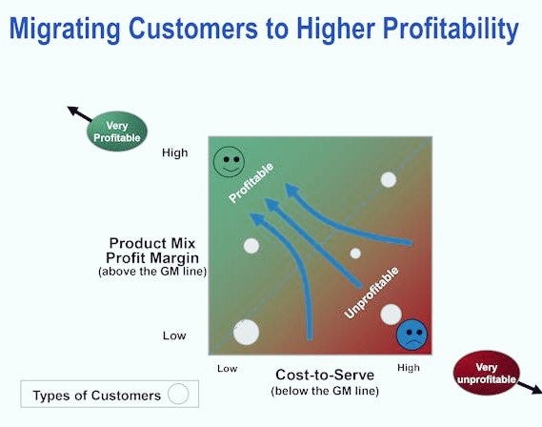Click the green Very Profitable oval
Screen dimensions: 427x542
pyautogui.click(x=117, y=132)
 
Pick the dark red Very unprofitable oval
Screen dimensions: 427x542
pyautogui.click(x=486, y=373)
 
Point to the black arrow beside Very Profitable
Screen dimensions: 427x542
pyautogui.click(x=77, y=113)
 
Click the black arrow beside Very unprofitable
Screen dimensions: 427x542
pyautogui.click(x=529, y=386)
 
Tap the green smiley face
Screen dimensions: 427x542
pyautogui.click(x=229, y=161)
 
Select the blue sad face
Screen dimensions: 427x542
pyautogui.click(x=412, y=334)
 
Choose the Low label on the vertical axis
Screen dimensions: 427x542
pyautogui.click(x=174, y=335)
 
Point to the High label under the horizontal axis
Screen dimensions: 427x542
pyautogui.click(x=408, y=368)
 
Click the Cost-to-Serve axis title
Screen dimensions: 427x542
pyautogui.click(x=325, y=375)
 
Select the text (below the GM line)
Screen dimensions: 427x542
pyautogui.click(x=325, y=391)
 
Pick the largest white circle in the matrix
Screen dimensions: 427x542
pyautogui.click(x=246, y=332)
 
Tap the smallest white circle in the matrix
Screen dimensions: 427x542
pyautogui.click(x=355, y=254)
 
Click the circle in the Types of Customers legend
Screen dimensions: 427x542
pyautogui.click(x=178, y=393)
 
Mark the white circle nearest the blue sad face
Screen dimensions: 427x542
pyautogui.click(x=391, y=314)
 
